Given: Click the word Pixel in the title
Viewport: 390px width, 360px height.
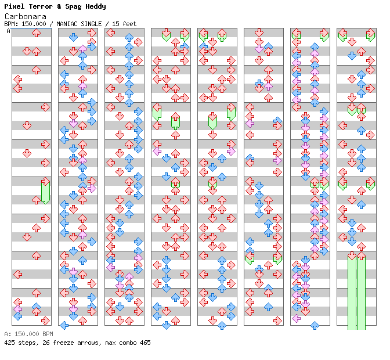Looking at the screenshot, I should (x=15, y=6).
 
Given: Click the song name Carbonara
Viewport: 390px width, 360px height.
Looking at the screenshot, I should (x=25, y=16).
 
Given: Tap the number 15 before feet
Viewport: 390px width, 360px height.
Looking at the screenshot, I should (x=117, y=24).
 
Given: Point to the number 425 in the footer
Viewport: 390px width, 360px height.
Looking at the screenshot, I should (x=9, y=343).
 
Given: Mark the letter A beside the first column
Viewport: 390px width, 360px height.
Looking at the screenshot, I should (x=8, y=31).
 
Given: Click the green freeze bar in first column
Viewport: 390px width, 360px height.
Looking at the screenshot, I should (x=45, y=192).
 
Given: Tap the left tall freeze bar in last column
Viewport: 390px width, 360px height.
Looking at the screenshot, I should (x=352, y=293).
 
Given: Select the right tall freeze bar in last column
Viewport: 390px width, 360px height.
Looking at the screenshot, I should (x=361, y=293).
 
